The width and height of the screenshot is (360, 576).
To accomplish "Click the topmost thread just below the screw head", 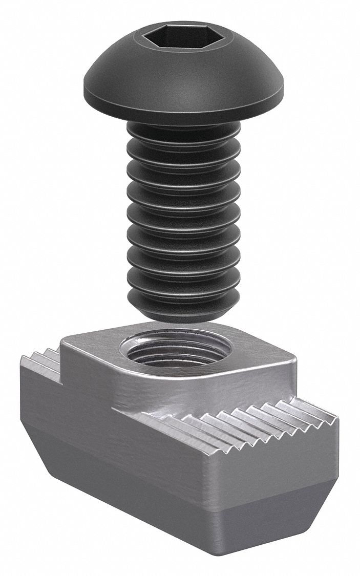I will [x=183, y=134].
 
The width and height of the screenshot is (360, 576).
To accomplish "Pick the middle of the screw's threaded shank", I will [x=183, y=215].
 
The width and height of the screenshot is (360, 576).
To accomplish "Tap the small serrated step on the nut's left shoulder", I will [x=41, y=361].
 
